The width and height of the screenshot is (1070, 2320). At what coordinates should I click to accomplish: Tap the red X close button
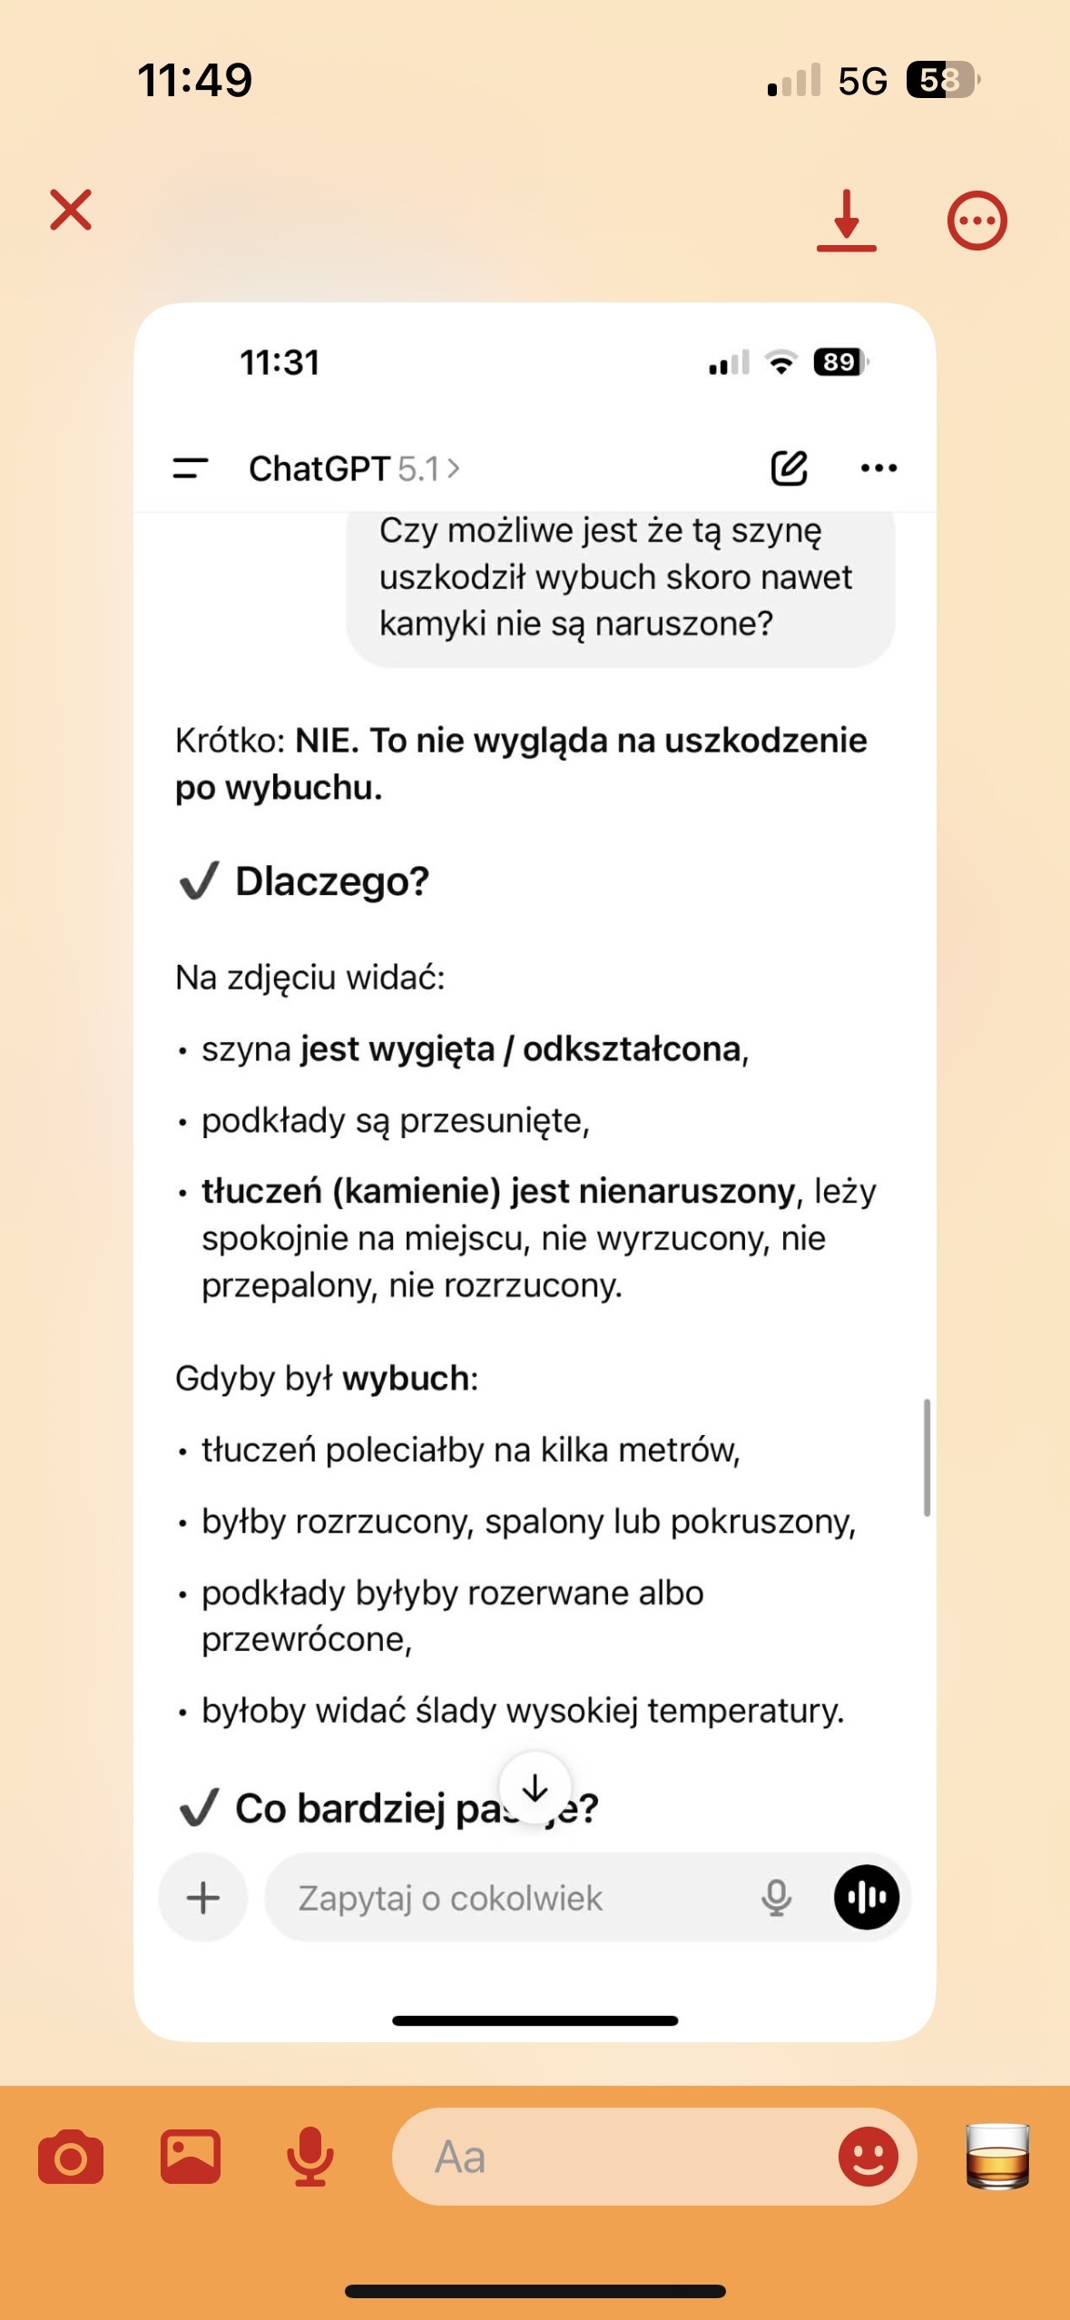tap(71, 211)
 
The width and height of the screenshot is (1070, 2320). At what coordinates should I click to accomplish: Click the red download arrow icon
tap(846, 220)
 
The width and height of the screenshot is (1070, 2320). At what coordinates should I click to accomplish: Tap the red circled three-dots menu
tap(977, 221)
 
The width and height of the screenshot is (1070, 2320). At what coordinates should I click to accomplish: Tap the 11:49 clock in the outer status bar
tap(194, 80)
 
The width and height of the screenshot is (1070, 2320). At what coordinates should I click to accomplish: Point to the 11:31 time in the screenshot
tap(280, 363)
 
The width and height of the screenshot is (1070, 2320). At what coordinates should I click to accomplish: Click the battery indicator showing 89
tap(840, 362)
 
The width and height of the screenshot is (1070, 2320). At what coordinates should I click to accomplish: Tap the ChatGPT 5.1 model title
tap(354, 469)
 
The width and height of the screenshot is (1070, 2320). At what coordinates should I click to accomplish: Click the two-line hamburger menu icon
tap(191, 468)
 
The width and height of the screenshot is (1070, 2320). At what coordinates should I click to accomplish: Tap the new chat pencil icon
tap(789, 468)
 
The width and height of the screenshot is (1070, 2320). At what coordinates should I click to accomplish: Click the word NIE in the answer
tap(326, 741)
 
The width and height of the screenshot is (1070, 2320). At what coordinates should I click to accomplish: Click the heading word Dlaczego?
tap(332, 881)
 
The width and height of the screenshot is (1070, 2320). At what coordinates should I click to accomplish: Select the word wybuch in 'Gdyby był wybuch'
tap(406, 1379)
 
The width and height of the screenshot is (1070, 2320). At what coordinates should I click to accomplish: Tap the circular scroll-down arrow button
tap(535, 1788)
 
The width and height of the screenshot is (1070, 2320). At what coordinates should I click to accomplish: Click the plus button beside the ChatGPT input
tap(203, 1898)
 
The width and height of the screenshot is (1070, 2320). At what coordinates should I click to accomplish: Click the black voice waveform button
tap(867, 1897)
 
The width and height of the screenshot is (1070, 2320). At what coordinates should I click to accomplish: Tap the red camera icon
tap(71, 2157)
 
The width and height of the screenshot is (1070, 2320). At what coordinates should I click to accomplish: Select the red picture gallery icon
tap(191, 2156)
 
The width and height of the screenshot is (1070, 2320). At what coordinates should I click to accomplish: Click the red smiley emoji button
tap(868, 2157)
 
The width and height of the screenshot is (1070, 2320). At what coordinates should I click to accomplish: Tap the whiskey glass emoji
tap(997, 2157)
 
